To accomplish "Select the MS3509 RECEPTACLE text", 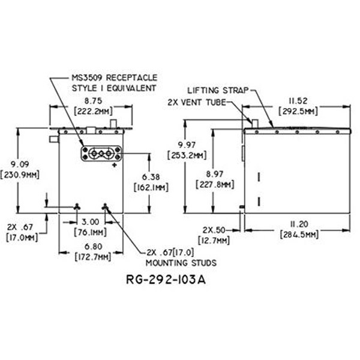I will [113, 78].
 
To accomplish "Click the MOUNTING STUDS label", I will [181, 262].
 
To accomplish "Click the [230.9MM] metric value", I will [20, 175].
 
